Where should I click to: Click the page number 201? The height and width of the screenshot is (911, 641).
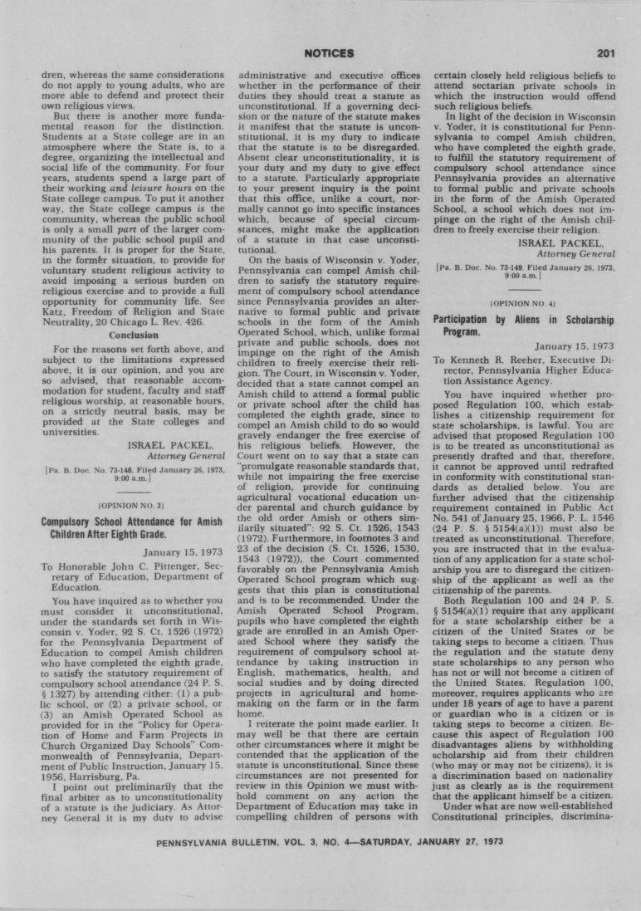[x=605, y=54]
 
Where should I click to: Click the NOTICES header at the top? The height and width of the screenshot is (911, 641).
[x=330, y=54]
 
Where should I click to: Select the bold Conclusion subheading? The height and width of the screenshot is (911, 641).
[x=134, y=335]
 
